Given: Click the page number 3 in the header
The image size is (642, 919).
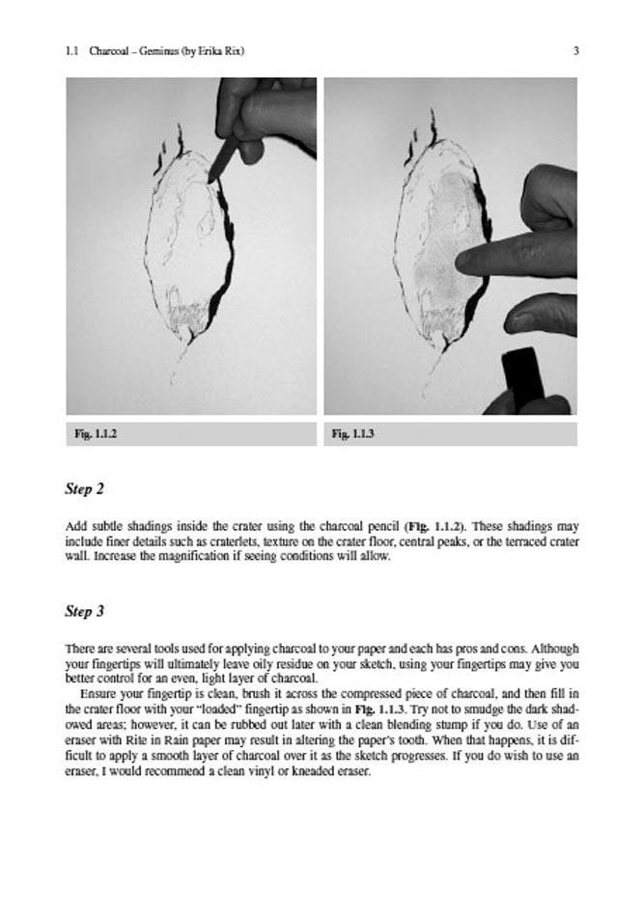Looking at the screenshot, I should click(575, 51).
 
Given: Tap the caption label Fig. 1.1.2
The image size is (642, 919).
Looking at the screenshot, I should click(96, 434).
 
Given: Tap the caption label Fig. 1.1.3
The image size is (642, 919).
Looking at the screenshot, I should click(353, 434).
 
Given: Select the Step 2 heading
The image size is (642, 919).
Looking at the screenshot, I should click(84, 488).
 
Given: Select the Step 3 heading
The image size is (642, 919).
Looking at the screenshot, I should click(84, 611).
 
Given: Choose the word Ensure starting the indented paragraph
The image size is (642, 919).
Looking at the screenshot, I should click(98, 693).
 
